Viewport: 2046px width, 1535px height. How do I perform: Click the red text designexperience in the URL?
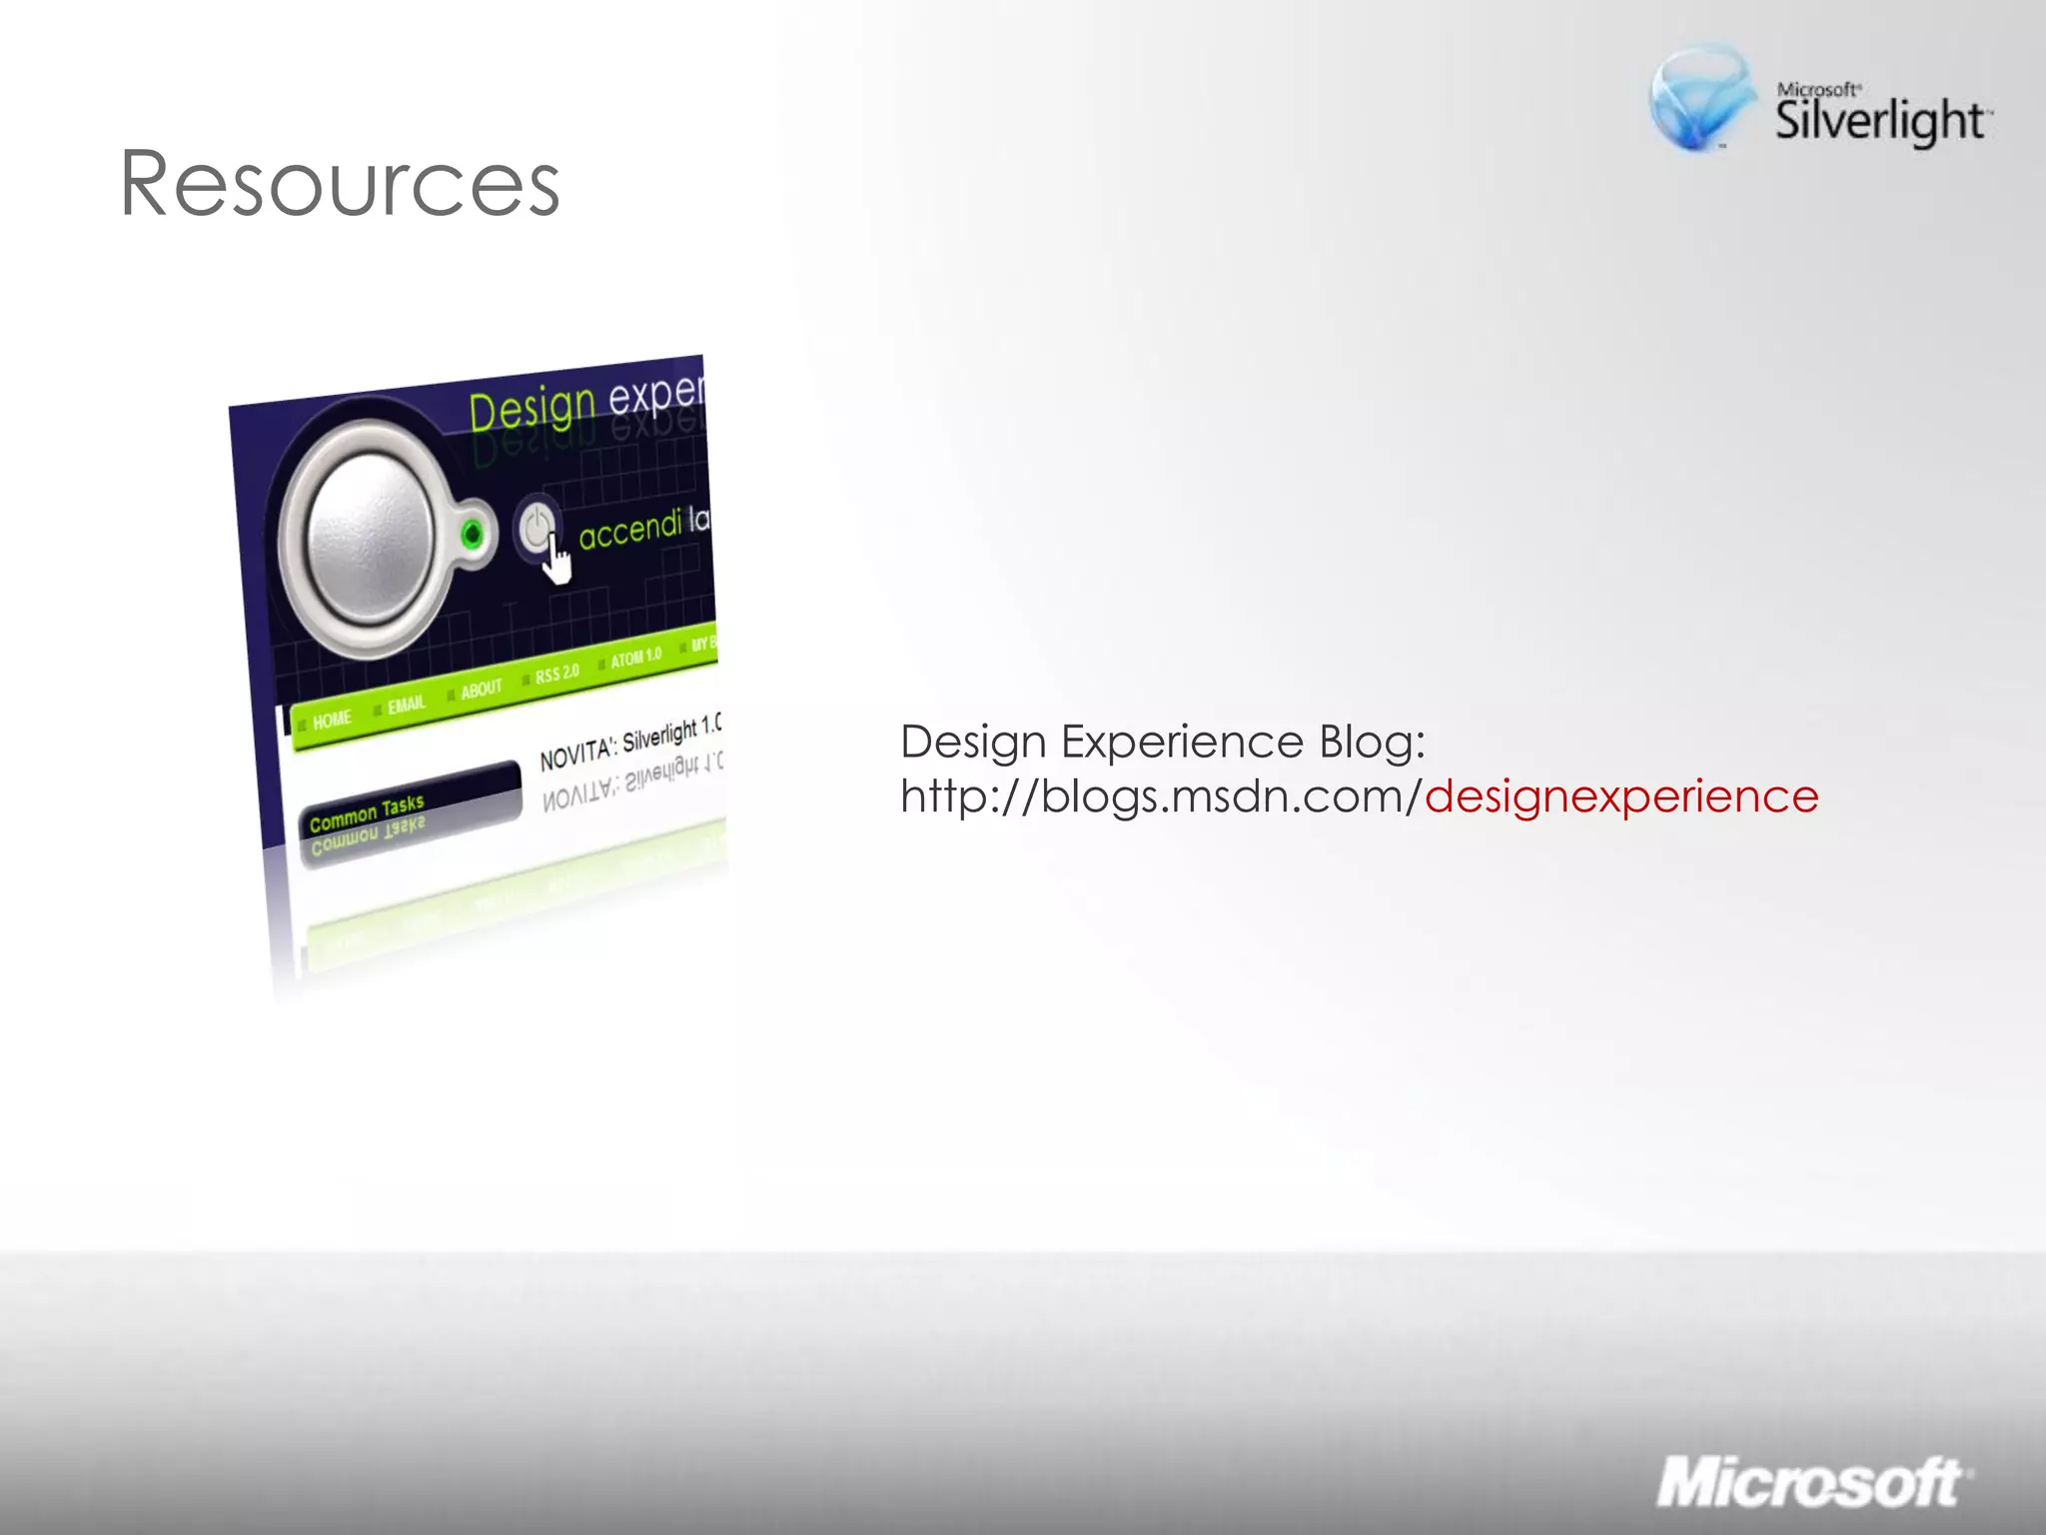[1620, 797]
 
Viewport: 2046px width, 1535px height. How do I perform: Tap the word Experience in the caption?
[1182, 742]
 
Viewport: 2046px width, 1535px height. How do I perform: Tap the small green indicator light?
[472, 535]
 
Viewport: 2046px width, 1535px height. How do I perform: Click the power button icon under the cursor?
[536, 527]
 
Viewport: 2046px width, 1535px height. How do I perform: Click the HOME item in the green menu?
[332, 720]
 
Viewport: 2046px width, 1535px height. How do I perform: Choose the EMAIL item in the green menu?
[407, 705]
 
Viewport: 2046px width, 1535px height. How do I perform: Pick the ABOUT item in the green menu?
[481, 690]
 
